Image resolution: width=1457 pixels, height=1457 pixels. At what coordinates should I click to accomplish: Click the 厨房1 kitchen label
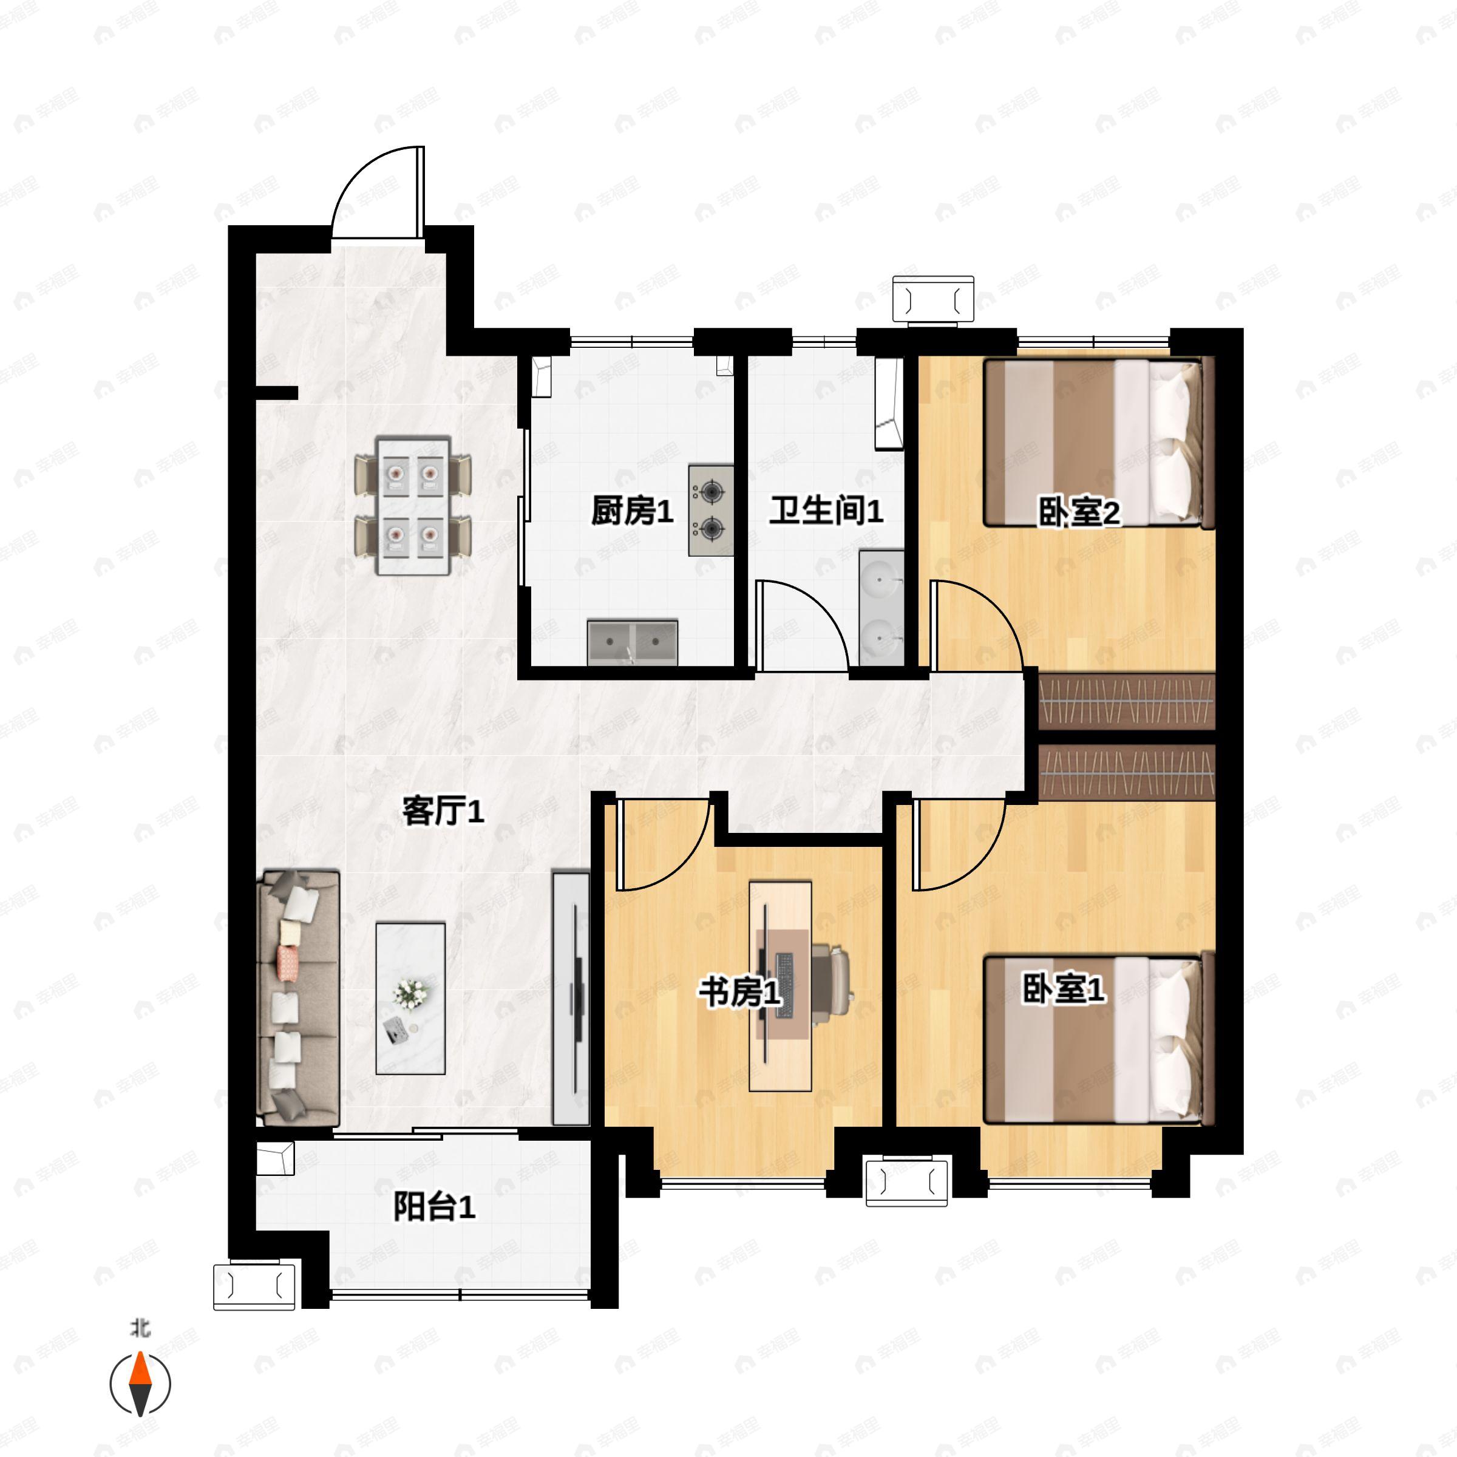pyautogui.click(x=631, y=512)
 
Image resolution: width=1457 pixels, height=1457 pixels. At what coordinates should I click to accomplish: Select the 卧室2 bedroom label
pyautogui.click(x=1079, y=514)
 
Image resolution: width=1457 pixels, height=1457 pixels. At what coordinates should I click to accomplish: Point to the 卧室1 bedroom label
pyautogui.click(x=1064, y=989)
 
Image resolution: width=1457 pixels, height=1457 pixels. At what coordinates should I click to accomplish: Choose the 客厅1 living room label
pyautogui.click(x=443, y=812)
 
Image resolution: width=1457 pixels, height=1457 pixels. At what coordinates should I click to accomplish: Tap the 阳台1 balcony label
pyautogui.click(x=435, y=1207)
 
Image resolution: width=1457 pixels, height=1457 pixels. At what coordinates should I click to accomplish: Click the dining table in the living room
pyautogui.click(x=413, y=504)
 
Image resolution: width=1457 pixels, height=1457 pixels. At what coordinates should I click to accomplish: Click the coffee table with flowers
pyautogui.click(x=410, y=997)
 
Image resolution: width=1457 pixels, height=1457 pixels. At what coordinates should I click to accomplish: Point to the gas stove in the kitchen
pyautogui.click(x=710, y=511)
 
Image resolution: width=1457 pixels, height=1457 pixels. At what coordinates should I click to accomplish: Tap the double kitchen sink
pyautogui.click(x=632, y=642)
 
